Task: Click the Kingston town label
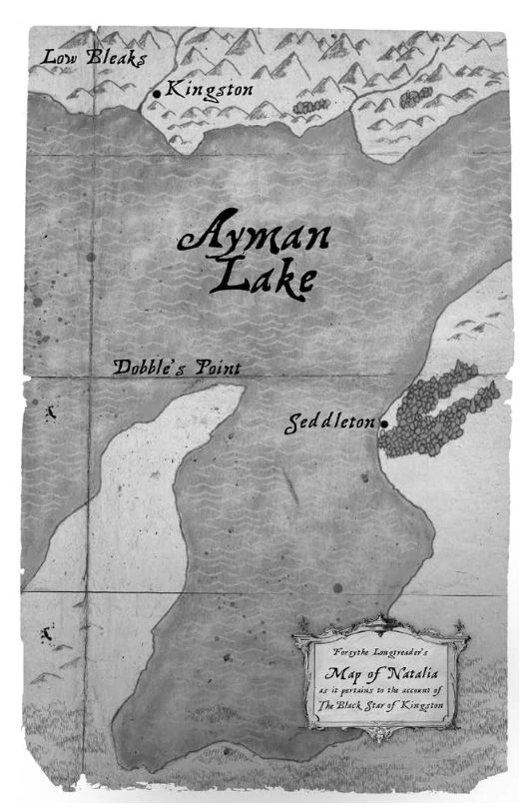[209, 90]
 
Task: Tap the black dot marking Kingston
[157, 94]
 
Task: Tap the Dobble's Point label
[177, 368]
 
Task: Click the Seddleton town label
[331, 422]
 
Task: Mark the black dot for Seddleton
[383, 423]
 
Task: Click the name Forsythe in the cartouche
[348, 651]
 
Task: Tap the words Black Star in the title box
[368, 705]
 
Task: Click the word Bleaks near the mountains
[118, 58]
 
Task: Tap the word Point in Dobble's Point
[212, 368]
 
